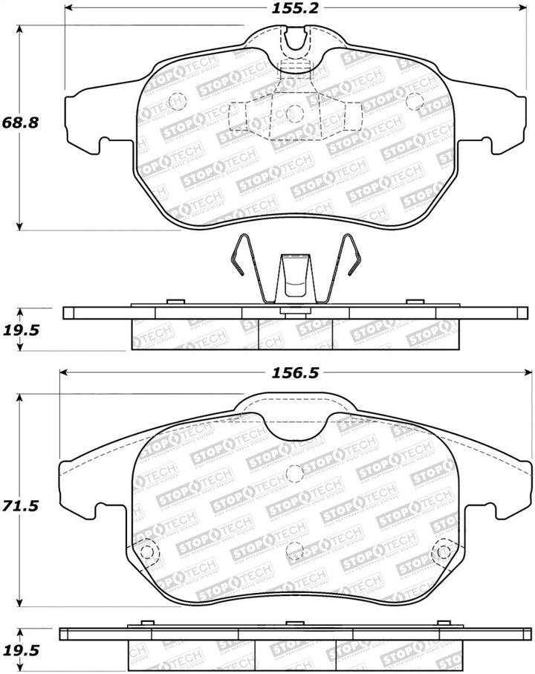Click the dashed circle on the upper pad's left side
[x=177, y=100]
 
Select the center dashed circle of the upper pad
[x=295, y=113]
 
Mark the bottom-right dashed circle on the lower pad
[x=444, y=551]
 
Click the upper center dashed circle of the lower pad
[x=295, y=472]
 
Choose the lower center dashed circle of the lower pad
[x=295, y=551]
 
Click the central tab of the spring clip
[x=295, y=279]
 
